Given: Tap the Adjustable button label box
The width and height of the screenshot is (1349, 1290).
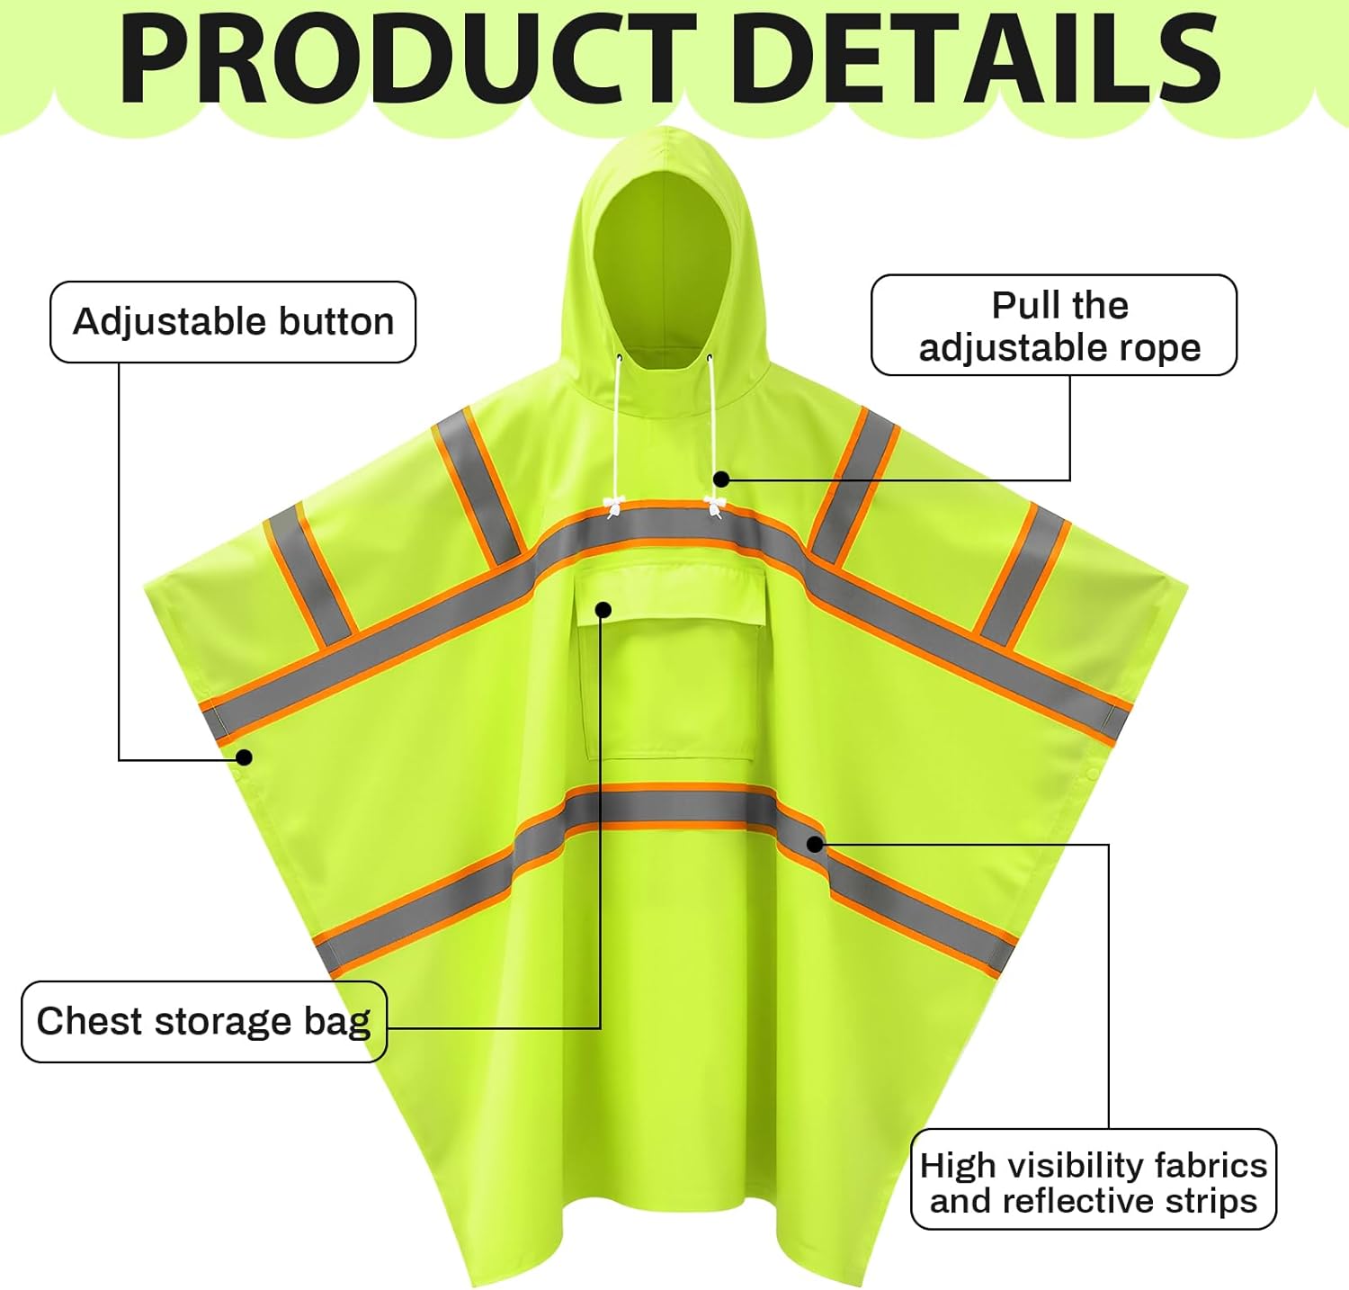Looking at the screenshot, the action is [x=233, y=322].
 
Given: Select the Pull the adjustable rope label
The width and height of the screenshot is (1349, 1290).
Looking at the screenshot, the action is [x=1054, y=326].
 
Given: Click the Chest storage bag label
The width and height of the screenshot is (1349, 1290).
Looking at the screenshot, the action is [x=204, y=1022].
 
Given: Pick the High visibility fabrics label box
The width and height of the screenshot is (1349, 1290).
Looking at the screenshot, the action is [x=1094, y=1180].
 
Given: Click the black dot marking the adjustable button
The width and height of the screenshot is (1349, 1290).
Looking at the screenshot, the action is [x=244, y=757].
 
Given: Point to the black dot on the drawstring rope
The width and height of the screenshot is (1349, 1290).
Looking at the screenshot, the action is [x=721, y=479].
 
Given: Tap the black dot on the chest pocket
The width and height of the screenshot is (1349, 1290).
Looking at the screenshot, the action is [x=603, y=611].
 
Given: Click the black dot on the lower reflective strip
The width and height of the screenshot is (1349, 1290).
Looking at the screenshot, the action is [x=815, y=844].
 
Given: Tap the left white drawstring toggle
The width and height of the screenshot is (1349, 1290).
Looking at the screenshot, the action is [x=614, y=506].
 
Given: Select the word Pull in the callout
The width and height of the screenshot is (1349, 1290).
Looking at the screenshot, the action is [x=1024, y=306].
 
